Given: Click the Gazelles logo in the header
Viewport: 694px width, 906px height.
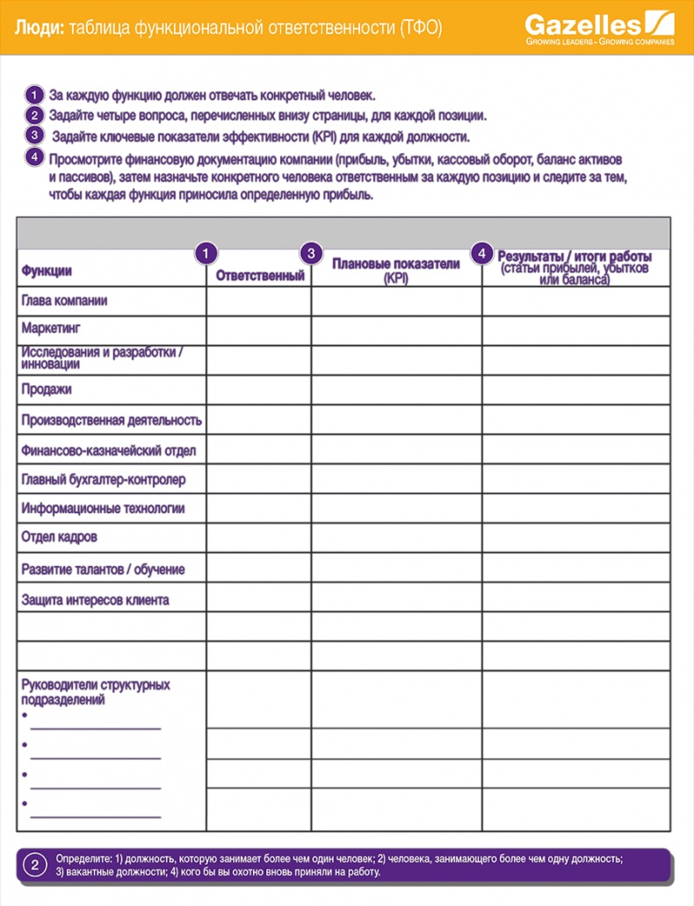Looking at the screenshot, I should click(600, 27).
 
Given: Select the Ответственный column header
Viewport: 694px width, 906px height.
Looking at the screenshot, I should click(259, 276).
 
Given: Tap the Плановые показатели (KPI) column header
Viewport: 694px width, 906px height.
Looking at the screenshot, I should click(395, 270).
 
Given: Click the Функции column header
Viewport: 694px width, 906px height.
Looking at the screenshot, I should click(47, 271).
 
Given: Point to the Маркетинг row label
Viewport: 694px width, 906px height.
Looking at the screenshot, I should click(50, 329).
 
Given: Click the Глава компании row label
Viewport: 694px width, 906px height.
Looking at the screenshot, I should click(64, 301).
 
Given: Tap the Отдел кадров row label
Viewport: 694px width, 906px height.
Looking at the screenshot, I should click(59, 537).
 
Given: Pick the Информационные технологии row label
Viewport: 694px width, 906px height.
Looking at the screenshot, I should click(103, 508).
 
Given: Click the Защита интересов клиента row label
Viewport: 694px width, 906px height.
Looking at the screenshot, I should click(95, 600).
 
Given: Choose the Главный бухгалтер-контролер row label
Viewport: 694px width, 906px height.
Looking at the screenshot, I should click(103, 480).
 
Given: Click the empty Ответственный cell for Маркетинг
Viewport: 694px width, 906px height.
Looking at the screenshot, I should click(259, 330).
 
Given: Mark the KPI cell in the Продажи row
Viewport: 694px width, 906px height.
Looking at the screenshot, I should click(396, 389).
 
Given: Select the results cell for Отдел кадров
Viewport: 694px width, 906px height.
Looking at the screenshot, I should click(575, 537).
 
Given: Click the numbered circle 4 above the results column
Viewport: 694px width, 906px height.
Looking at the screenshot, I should click(482, 253).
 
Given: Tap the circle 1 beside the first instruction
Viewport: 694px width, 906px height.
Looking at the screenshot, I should click(33, 94).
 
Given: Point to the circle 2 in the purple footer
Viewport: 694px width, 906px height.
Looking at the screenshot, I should click(34, 865).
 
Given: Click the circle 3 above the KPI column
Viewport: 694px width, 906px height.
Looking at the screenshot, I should click(311, 253).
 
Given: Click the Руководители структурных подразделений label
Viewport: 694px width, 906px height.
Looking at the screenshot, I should click(95, 692).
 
